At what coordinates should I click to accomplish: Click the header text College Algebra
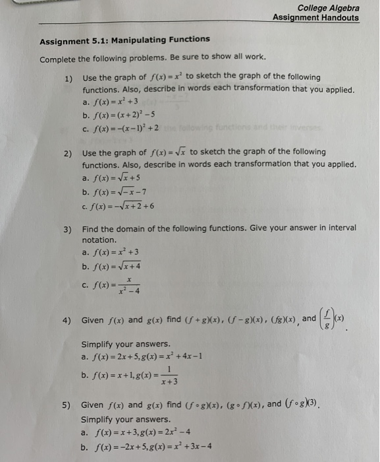328,8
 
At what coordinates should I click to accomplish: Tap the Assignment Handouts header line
316,18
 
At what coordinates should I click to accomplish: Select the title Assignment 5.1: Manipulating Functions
124,40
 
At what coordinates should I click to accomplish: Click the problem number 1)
68,79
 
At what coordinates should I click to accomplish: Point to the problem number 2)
68,153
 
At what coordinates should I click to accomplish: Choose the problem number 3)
68,228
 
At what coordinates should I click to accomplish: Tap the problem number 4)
68,320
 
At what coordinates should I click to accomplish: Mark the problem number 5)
68,405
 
